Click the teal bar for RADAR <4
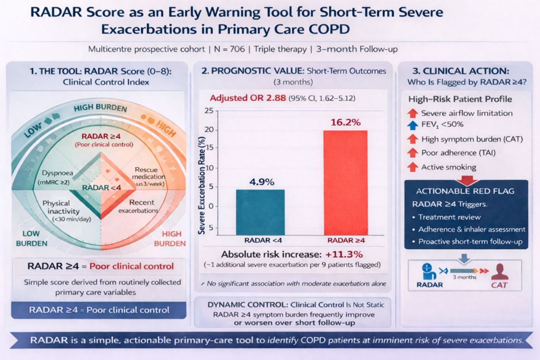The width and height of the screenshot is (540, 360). tap(260, 212)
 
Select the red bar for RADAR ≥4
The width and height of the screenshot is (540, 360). tap(346, 183)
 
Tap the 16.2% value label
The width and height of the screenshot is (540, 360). tap(346, 122)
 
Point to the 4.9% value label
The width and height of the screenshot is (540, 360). tap(262, 182)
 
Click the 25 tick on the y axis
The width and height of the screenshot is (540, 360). tap(209, 111)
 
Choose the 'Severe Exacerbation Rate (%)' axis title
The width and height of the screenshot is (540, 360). tap(201, 185)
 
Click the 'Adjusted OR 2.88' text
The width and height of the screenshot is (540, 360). tap(248, 98)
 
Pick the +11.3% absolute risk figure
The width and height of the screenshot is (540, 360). tap(344, 254)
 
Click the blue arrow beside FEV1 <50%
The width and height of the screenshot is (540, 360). tap(412, 125)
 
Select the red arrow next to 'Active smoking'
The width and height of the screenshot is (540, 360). tap(412, 167)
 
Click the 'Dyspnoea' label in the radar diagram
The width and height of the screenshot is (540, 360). tap(58, 173)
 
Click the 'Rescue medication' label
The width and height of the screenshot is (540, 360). tap(148, 173)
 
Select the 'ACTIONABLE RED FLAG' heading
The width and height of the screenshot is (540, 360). tap(465, 191)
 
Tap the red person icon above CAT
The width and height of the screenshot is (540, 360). tap(499, 272)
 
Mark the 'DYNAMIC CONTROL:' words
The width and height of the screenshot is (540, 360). tap(248, 305)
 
